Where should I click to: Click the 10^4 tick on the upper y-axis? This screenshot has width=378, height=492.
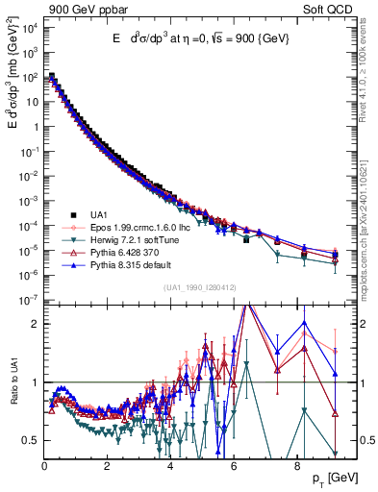click(29, 25)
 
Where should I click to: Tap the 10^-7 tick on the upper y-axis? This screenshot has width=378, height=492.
click(29, 300)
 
